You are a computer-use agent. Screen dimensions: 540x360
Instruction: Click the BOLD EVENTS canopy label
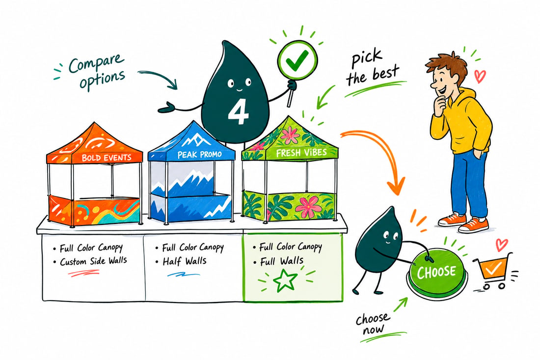coord(107,158)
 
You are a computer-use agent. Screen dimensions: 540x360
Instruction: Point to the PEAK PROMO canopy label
coord(199,155)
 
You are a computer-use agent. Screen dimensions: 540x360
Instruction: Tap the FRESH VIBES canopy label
coord(301,153)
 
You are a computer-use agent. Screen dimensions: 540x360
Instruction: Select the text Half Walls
coord(185,261)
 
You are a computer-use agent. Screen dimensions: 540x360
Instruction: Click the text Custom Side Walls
coord(93,261)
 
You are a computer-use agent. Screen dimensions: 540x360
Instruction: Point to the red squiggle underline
coord(83,273)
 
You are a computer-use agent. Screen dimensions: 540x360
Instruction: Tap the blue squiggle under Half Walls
coord(183,275)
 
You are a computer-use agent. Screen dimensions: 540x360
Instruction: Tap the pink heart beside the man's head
coord(480,76)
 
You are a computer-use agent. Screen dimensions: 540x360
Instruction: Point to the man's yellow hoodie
coord(461,121)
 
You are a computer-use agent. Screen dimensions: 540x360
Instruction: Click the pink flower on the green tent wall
coord(308,206)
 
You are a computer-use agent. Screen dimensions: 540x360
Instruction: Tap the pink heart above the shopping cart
coord(501,245)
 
